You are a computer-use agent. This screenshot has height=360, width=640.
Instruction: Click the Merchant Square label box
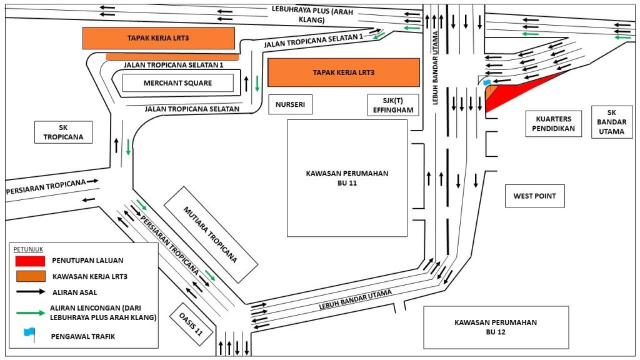click(178, 83)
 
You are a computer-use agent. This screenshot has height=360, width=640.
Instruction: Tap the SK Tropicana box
click(63, 132)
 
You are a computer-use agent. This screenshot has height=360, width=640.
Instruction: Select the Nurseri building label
click(290, 104)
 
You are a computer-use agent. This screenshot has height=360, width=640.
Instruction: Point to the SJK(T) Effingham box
click(393, 105)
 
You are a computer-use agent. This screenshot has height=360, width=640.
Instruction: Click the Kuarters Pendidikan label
click(554, 124)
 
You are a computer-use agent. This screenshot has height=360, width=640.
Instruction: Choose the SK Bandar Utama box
click(612, 122)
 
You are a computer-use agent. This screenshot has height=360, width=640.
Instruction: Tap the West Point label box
click(535, 196)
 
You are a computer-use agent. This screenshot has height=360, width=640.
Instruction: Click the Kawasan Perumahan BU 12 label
click(496, 327)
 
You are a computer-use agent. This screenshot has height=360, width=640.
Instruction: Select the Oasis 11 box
click(191, 324)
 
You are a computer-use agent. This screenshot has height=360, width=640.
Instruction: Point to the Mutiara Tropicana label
click(211, 235)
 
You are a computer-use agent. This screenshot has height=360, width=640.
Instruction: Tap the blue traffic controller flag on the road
click(486, 83)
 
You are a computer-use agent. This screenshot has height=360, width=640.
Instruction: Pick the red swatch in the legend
click(30, 261)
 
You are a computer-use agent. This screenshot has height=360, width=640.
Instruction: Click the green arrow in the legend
click(31, 313)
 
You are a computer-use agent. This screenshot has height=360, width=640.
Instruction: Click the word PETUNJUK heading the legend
click(28, 249)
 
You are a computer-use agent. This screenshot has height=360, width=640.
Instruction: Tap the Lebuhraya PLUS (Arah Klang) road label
click(312, 14)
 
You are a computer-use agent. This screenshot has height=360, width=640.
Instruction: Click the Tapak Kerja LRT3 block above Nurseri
click(344, 72)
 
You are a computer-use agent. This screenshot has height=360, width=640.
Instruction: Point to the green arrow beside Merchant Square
click(257, 84)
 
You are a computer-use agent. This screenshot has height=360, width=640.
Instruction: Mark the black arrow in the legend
click(31, 292)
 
